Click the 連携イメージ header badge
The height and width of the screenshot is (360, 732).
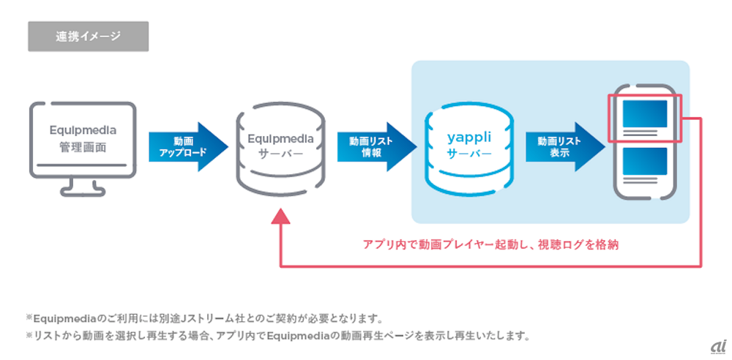coord(88,36)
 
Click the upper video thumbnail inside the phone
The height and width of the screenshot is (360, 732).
coord(643,114)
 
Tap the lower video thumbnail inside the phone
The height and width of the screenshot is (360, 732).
coord(643,160)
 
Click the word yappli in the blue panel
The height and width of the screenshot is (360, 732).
coord(468,137)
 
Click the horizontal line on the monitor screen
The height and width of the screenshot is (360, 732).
coord(83,165)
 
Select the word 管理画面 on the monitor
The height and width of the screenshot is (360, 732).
coord(83,146)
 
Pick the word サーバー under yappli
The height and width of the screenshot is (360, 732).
coord(468,154)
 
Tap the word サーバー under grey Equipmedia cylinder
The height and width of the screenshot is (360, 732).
coord(281,154)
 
